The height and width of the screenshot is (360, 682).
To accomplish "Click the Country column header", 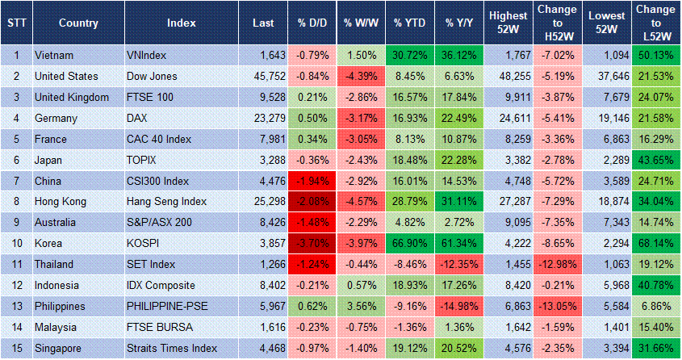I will point(78,23).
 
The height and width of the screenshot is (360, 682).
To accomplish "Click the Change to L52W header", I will point(655,23).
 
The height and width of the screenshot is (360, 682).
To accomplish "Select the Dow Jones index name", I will point(153,77).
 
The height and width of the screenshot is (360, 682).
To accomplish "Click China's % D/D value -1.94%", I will point(311,182).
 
